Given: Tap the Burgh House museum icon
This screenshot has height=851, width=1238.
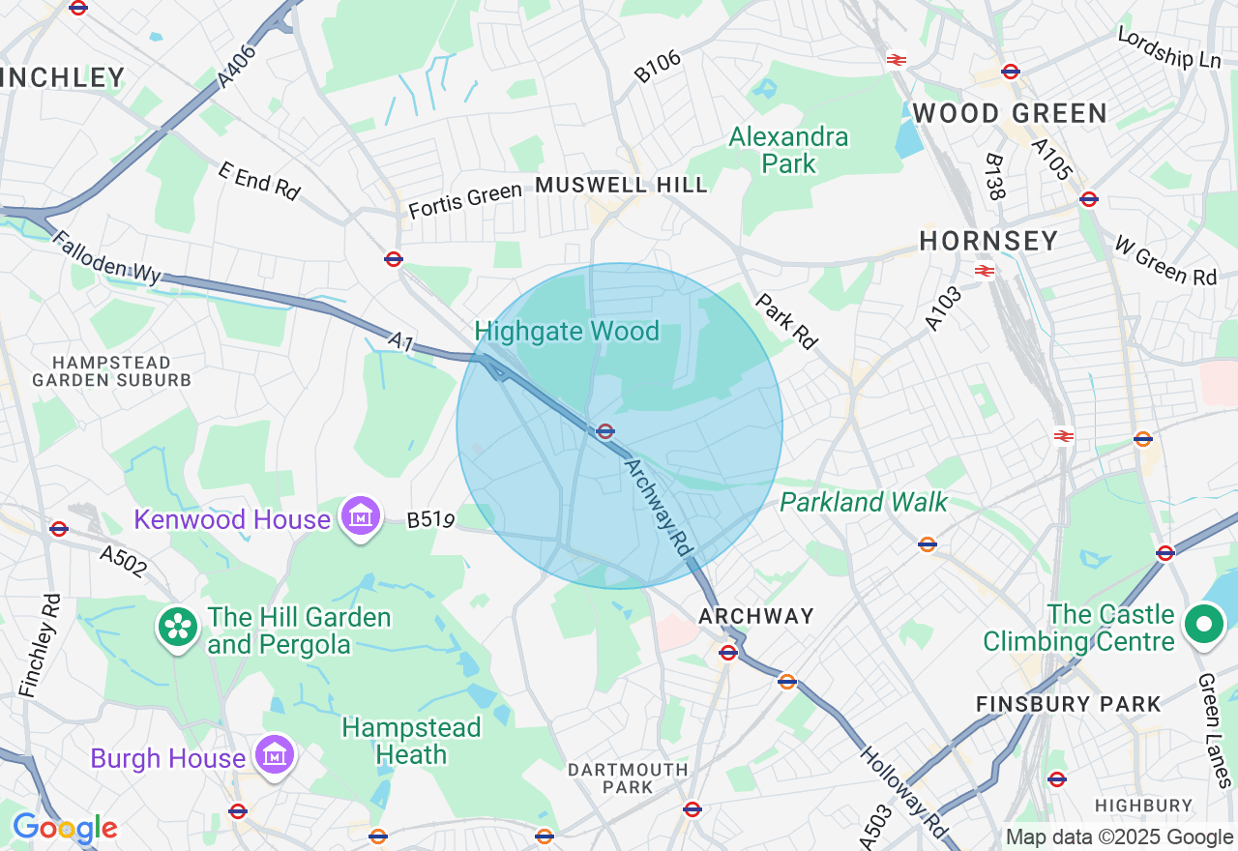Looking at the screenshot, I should pos(275,755).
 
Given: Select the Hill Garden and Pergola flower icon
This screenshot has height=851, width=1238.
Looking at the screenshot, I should pos(178,629).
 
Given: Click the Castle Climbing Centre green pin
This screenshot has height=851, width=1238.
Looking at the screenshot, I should pos(1204,625).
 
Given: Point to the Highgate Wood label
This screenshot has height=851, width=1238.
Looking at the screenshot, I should pos(567,332).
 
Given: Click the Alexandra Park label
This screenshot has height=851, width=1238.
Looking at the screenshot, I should pos(788,150).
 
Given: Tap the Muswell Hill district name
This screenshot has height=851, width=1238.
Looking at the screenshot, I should pos(621,185).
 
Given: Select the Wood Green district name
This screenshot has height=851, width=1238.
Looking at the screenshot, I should pos(1009,113).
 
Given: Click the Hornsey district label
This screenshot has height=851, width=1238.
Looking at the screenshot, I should pos(988,241).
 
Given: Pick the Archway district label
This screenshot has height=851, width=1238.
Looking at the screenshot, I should pos(756,616).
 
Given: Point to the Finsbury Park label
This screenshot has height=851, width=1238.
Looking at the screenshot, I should pos(1068,704).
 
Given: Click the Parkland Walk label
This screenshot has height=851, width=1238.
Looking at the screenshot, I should pos(864,502).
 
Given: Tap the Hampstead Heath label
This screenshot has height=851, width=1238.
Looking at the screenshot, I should pos(411,741).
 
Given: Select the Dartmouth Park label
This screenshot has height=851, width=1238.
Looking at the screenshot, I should pos(628,778).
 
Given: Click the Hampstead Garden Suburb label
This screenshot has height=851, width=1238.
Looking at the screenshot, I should pos(112,371).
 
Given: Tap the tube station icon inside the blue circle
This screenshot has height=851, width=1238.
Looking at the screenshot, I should pos(605,431).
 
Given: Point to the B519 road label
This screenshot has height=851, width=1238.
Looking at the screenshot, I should pos(430,520).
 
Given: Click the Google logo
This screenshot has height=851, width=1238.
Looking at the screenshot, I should pos(65,828).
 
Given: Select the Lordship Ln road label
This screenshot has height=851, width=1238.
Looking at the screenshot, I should pos(1168,47).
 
